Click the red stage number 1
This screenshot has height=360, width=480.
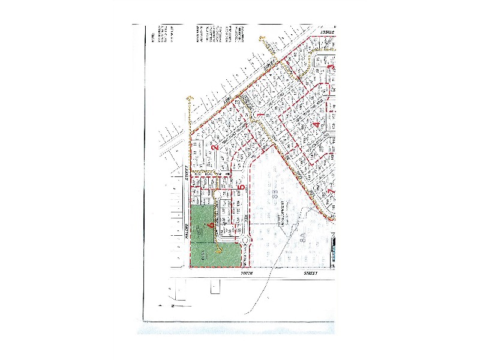click(x=259, y=114)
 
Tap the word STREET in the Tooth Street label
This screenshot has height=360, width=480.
click(x=310, y=273)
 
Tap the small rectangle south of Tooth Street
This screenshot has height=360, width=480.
click(x=215, y=287)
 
